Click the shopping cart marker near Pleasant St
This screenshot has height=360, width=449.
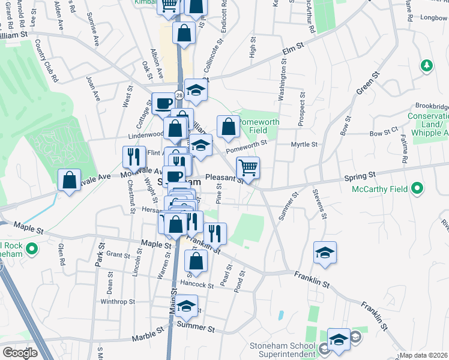(x=247, y=167)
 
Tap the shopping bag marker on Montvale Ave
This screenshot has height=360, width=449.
(x=70, y=180)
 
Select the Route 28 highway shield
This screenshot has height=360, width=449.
(x=179, y=95)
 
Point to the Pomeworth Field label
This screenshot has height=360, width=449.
(x=259, y=125)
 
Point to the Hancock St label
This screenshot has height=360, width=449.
(x=196, y=285)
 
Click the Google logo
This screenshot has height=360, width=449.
(x=20, y=353)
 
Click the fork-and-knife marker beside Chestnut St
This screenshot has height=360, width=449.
(x=134, y=157)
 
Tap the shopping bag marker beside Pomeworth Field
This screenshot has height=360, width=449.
(x=228, y=127)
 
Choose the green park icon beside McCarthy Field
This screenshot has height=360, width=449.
(x=418, y=190)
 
